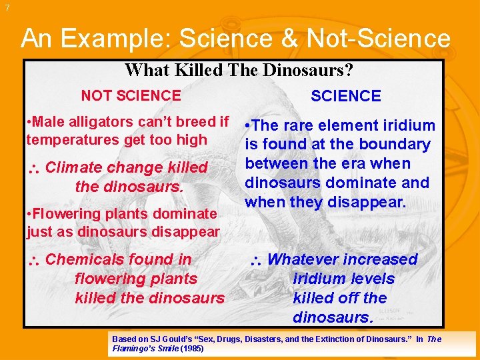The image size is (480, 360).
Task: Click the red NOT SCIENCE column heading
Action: (x=131, y=95)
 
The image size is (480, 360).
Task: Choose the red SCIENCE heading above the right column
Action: (x=346, y=96)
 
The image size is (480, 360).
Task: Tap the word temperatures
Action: (x=70, y=140)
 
